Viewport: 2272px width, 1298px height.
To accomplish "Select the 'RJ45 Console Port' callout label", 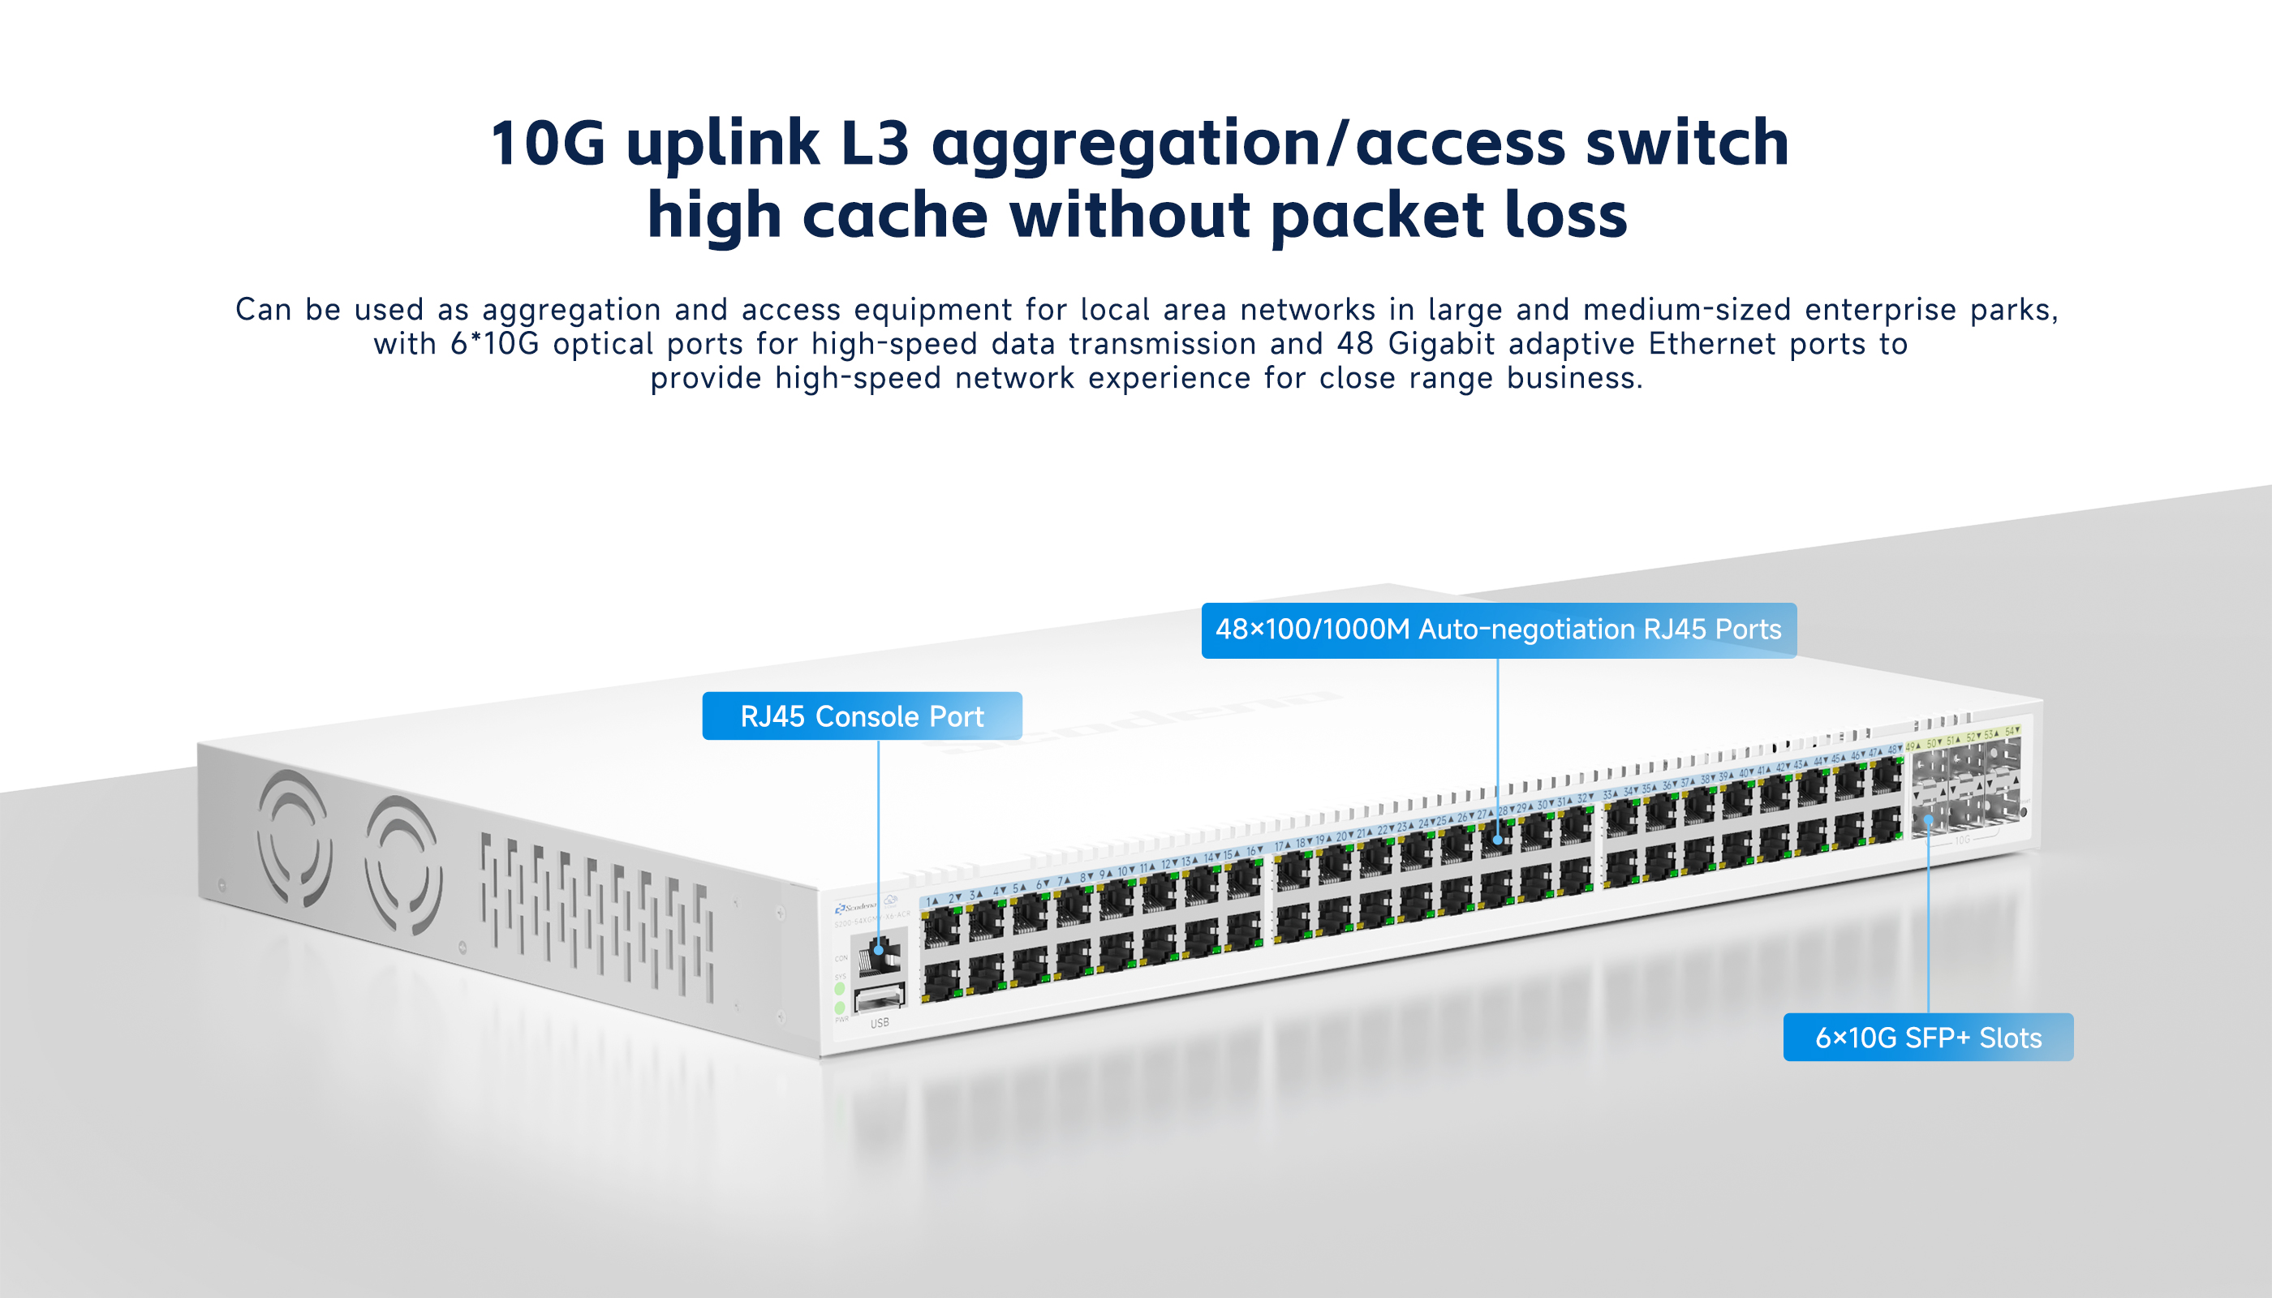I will click(x=862, y=716).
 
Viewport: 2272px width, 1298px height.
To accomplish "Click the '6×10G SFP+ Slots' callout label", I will click(x=1928, y=1038).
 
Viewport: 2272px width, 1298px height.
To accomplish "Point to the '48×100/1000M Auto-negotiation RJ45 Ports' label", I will click(x=1498, y=630).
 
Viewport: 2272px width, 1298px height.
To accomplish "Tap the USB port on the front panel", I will click(x=880, y=999).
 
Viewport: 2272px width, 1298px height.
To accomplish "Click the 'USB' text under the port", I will click(x=880, y=1022).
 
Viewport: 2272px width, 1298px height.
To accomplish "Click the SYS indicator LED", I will click(x=839, y=989).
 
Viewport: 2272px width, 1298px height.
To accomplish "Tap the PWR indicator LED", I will click(x=839, y=1008).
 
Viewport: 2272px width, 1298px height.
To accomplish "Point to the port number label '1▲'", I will click(x=932, y=901).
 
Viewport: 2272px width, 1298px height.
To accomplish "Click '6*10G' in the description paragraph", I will click(x=495, y=344).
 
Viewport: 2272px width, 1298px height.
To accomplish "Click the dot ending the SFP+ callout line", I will click(x=1928, y=818).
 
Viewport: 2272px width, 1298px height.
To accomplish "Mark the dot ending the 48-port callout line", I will click(x=1498, y=840).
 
